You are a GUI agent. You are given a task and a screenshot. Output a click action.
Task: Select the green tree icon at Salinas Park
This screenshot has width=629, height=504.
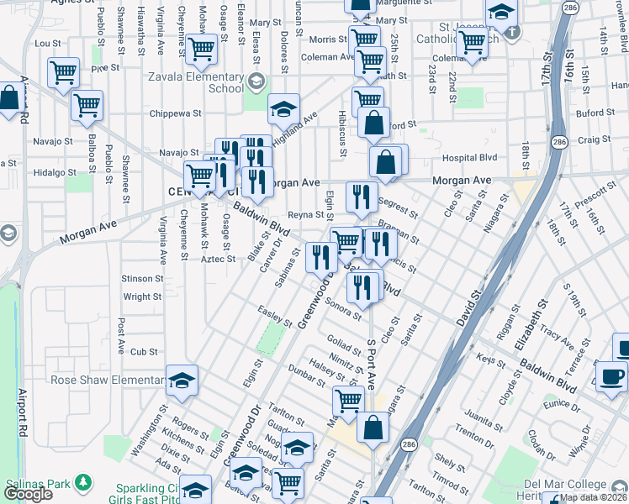coord(82,482)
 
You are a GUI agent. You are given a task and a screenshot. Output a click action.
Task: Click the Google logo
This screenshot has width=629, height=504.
coord(28,495)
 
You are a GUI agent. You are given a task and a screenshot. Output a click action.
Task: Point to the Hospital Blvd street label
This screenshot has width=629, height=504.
coord(468,157)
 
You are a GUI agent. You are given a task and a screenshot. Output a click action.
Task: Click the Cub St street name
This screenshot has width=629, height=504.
coord(144,351)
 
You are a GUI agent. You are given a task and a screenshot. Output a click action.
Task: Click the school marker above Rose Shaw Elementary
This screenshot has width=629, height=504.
coord(182,381)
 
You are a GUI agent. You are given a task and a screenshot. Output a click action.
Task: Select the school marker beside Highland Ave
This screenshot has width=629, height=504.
coord(284,108)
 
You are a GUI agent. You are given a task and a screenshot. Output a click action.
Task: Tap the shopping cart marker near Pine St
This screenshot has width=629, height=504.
coord(64,73)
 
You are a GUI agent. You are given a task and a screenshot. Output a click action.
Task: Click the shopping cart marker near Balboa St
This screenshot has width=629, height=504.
coord(87,106)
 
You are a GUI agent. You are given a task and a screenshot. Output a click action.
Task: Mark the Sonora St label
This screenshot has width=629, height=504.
coord(342,307)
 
